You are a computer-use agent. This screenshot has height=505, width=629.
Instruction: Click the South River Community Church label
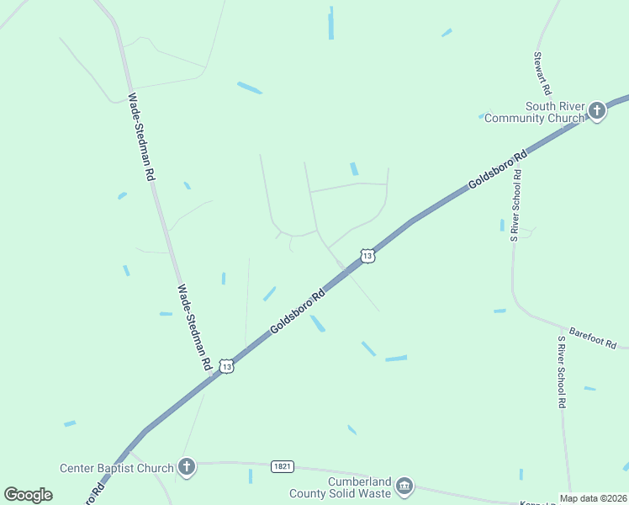pyautogui.click(x=534, y=112)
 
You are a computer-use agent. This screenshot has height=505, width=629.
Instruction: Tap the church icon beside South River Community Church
pyautogui.click(x=597, y=110)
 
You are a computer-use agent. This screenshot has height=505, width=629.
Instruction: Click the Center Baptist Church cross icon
pyautogui.click(x=187, y=466)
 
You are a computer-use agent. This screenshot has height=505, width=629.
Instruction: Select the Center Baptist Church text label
pyautogui.click(x=116, y=467)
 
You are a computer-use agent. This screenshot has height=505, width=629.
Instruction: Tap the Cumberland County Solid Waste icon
pyautogui.click(x=404, y=486)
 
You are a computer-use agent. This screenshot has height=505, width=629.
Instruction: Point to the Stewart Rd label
pyautogui.click(x=542, y=73)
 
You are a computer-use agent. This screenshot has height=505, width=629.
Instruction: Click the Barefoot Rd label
pyautogui.click(x=593, y=339)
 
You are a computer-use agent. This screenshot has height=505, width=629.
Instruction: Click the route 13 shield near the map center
pyautogui.click(x=367, y=255)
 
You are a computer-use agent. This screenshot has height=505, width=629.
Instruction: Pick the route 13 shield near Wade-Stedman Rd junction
pyautogui.click(x=226, y=366)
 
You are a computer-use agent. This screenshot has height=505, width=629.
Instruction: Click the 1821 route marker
pyautogui.click(x=283, y=465)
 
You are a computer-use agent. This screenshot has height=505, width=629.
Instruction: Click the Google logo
pyautogui.click(x=28, y=494)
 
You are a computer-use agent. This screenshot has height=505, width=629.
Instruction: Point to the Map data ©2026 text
pyautogui.click(x=593, y=498)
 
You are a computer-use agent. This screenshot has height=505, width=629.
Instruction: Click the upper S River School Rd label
pyautogui.click(x=515, y=202)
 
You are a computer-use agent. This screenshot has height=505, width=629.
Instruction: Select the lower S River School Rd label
pyautogui.click(x=561, y=372)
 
